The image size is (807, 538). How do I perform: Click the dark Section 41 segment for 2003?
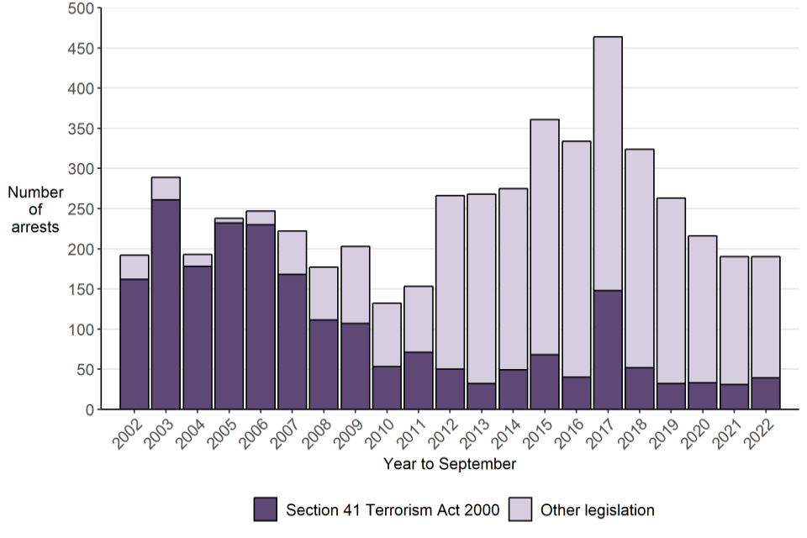[x=166, y=304]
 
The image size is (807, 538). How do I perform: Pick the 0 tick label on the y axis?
[x=87, y=409]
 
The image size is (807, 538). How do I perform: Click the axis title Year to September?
[x=449, y=464]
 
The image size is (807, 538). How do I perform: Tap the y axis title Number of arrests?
[x=35, y=209]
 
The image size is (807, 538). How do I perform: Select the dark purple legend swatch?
[x=266, y=509]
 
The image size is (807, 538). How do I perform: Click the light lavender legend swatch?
[x=520, y=509]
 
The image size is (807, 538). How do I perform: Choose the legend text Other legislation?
[x=597, y=509]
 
